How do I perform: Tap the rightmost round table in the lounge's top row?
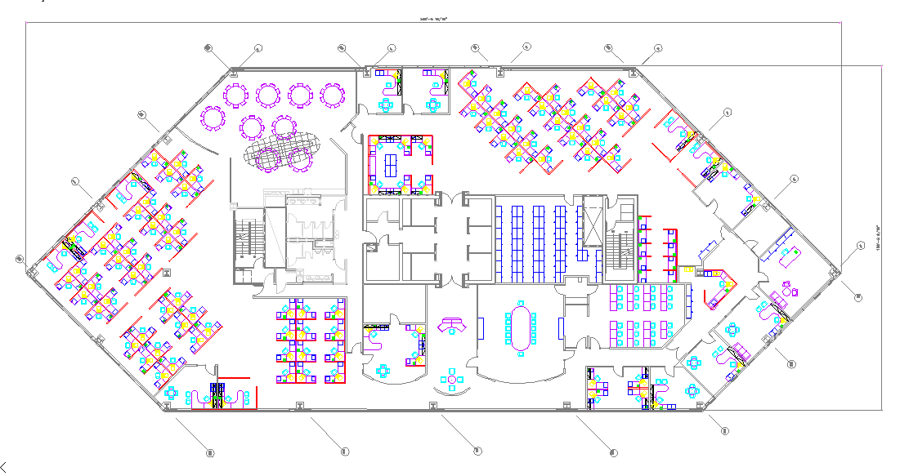(x=332, y=96)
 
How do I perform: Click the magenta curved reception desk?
(x=451, y=326)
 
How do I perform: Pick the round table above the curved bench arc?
(x=451, y=378)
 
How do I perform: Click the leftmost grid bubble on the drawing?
(x=19, y=259)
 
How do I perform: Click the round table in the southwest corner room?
(x=171, y=393)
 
